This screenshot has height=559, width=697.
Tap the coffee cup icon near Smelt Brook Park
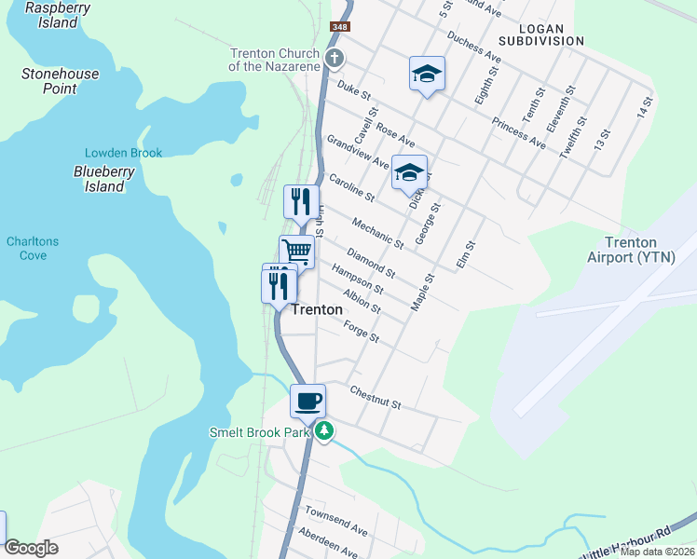tap(307, 402)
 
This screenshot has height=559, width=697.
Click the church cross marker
tap(335, 59)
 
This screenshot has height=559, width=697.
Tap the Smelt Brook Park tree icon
tap(323, 431)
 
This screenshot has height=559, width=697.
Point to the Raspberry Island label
tap(58, 15)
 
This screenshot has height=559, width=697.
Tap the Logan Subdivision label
tap(540, 34)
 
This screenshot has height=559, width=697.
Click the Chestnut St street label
tap(375, 398)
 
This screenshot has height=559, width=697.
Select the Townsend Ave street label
tap(336, 520)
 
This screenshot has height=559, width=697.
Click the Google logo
tap(31, 548)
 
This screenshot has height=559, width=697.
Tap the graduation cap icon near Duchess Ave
tap(427, 74)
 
